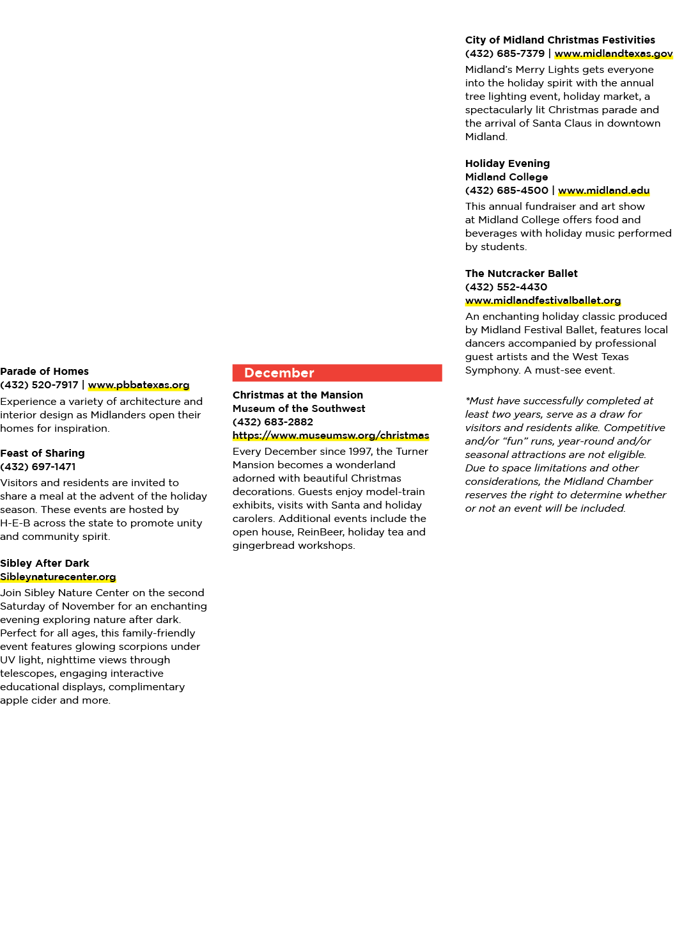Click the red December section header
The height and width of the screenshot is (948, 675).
pos(337,373)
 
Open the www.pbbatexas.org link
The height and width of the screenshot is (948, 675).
pos(139,385)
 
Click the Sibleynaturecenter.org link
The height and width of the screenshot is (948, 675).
pos(58,577)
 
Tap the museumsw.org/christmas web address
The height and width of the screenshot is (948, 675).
pos(330,436)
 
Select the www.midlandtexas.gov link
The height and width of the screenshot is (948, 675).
pos(613,54)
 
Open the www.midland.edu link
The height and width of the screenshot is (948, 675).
pos(604,191)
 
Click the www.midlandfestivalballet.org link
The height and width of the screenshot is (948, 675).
pos(543,301)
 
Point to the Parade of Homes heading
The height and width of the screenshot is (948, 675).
pos(44,371)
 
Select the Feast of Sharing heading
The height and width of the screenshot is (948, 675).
pos(42,454)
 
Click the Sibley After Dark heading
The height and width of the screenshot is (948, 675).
pos(44,564)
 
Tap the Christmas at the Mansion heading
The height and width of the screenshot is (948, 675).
pos(298,395)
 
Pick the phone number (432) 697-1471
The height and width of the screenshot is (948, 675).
pos(38,467)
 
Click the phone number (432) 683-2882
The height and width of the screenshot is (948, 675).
pos(273,422)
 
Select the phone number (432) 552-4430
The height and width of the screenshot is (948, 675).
pos(506,287)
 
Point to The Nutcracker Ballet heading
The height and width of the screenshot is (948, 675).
pos(522,273)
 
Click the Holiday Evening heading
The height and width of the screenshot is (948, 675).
pos(508,163)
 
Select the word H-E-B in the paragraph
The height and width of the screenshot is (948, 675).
pos(15,523)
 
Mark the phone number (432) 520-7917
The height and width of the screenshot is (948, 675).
pos(40,385)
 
